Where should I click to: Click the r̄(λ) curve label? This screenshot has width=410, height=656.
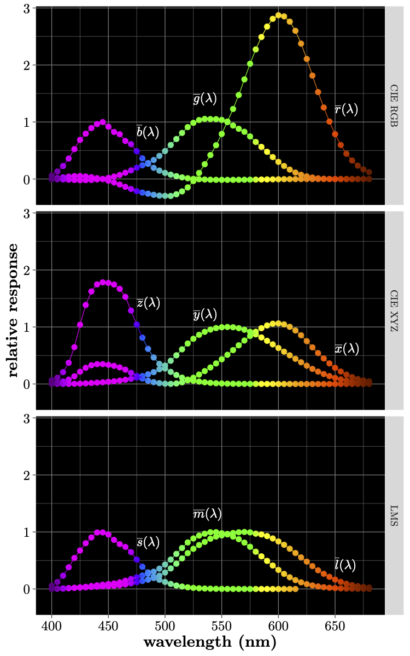(x=346, y=110)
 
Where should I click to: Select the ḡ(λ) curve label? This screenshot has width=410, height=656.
(x=205, y=98)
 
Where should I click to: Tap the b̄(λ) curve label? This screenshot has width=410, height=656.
(x=148, y=131)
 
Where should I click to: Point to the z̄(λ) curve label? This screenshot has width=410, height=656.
(x=148, y=303)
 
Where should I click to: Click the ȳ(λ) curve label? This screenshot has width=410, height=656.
(x=205, y=314)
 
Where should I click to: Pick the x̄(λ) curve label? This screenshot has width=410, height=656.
(x=347, y=348)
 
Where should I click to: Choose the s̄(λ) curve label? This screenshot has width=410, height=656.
(x=148, y=542)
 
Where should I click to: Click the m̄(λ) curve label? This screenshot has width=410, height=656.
(x=207, y=514)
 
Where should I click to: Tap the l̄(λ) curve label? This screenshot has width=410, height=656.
(x=345, y=565)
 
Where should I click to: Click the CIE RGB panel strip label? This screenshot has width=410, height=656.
(x=394, y=106)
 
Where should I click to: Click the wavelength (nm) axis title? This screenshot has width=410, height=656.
(x=210, y=642)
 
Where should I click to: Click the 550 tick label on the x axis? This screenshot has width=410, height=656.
(x=221, y=624)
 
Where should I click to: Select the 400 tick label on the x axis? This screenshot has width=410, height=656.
(x=51, y=624)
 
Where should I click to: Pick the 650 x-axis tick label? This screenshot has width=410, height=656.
(x=335, y=624)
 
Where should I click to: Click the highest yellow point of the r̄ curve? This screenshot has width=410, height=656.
(x=278, y=15)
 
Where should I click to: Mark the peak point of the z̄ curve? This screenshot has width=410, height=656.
(x=103, y=282)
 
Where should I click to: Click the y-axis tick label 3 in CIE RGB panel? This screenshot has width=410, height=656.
(x=25, y=8)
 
